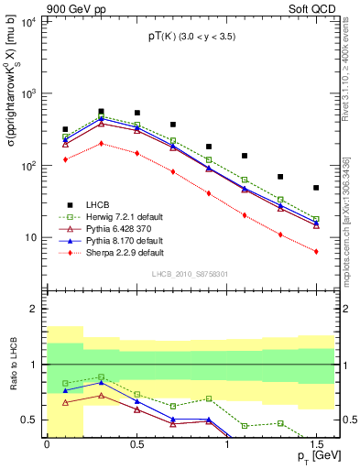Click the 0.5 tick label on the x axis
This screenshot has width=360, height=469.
136,445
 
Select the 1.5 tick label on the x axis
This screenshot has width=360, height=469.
316,445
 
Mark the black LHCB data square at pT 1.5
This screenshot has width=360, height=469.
316,188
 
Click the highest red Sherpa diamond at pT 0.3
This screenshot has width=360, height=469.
101,143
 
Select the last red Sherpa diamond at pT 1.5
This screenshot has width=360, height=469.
316,252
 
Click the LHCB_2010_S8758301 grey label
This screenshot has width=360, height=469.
189,273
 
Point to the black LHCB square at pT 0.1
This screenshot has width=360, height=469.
65,130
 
